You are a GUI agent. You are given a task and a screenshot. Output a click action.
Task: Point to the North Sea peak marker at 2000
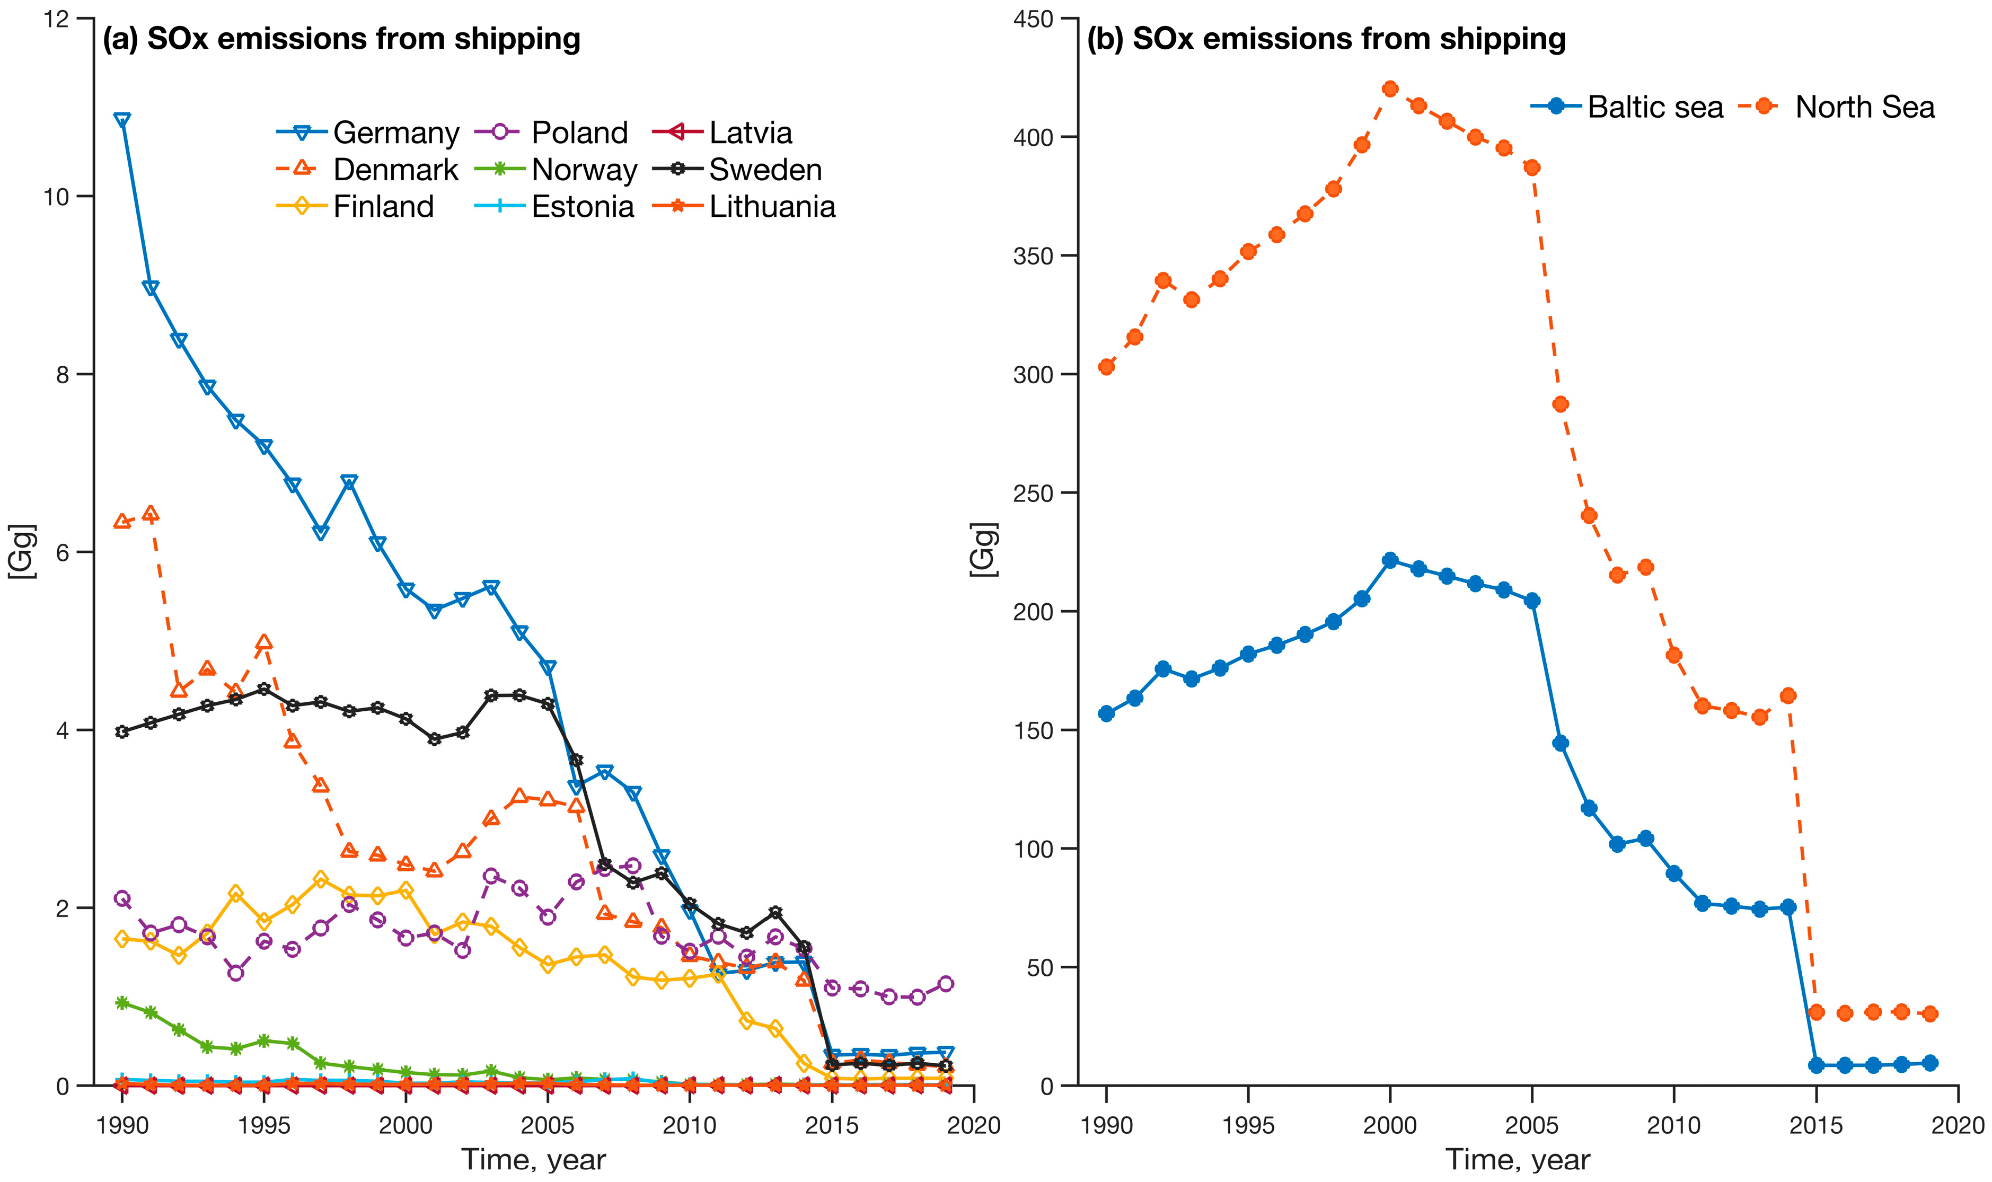(x=1390, y=89)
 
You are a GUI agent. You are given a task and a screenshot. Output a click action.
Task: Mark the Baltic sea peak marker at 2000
(x=1390, y=560)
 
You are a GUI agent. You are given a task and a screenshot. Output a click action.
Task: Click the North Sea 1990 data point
(x=1106, y=366)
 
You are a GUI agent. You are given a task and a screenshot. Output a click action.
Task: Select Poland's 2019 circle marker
(x=946, y=984)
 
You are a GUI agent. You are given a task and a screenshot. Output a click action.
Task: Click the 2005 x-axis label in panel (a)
(x=547, y=1125)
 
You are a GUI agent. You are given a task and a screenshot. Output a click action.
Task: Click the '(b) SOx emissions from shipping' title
(x=1326, y=39)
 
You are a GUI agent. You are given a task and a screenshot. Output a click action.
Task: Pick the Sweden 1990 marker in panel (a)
(x=122, y=731)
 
